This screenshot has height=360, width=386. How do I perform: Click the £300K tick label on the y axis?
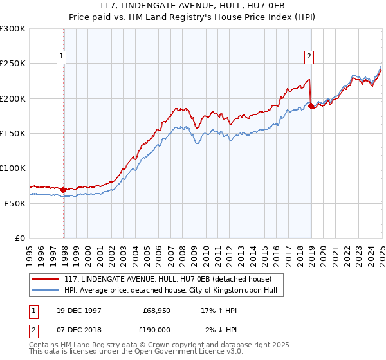[x=13, y=29]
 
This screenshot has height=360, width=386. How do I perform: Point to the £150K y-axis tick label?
[x=13, y=134]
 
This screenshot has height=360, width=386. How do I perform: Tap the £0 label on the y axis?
[x=21, y=238]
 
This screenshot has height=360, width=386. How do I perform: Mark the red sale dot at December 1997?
[x=64, y=190]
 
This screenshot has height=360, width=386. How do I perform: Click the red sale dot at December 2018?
[x=311, y=105]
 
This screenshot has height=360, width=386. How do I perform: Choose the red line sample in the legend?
[x=46, y=278]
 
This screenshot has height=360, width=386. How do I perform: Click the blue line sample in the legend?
[x=46, y=289]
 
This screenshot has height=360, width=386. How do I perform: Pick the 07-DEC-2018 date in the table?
[x=73, y=329]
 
